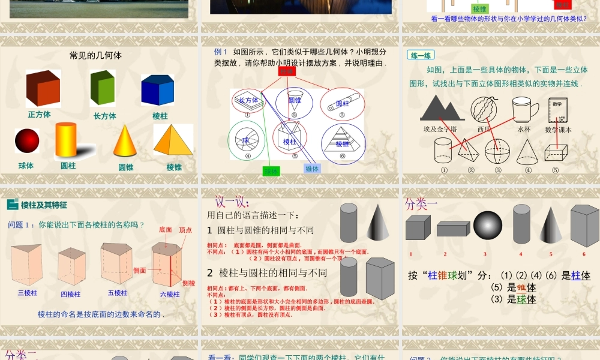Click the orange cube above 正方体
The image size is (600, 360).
pos(43,88)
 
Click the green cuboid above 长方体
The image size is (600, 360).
pos(102,88)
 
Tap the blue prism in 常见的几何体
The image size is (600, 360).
pos(157,90)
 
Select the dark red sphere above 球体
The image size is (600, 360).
pos(27,140)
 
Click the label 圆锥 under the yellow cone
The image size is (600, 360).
pos(125,167)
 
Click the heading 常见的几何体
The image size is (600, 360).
pos(95,55)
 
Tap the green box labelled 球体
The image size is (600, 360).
pos(271,171)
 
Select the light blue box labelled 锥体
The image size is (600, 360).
pos(312,169)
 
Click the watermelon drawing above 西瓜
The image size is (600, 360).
pos(484,110)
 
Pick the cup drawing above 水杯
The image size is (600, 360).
pos(524,110)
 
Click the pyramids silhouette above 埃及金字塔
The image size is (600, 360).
pos(443,109)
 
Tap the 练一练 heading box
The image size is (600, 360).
pos(421,55)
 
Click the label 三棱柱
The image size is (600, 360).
pos(27,293)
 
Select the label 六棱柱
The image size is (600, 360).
pos(170,294)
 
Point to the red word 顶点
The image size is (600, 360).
pos(185,230)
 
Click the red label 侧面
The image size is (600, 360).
pos(139,271)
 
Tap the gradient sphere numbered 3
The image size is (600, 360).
pos(488,227)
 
